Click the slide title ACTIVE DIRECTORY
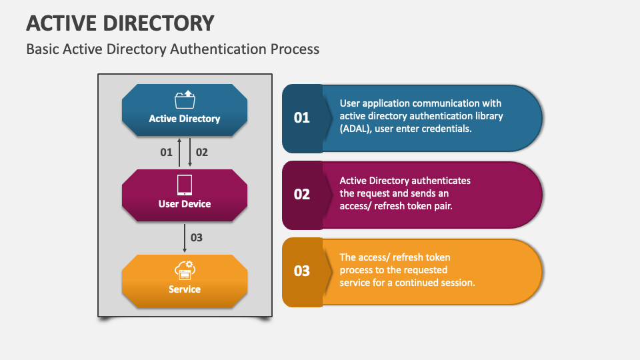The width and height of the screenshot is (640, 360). pyautogui.click(x=121, y=23)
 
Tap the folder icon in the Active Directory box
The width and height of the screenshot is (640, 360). pyautogui.click(x=185, y=99)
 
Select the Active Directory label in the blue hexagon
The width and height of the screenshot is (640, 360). pyautogui.click(x=185, y=119)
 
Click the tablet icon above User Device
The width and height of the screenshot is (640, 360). pyautogui.click(x=185, y=185)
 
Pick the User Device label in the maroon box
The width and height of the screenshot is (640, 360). pyautogui.click(x=185, y=204)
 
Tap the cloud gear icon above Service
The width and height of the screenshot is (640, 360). pyautogui.click(x=185, y=270)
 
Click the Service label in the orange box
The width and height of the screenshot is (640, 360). pyautogui.click(x=185, y=289)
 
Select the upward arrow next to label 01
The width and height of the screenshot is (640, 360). pyautogui.click(x=179, y=152)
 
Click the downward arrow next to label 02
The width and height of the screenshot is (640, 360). pyautogui.click(x=190, y=152)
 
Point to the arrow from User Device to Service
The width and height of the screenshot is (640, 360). pyautogui.click(x=185, y=238)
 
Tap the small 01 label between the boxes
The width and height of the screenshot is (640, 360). pyautogui.click(x=166, y=152)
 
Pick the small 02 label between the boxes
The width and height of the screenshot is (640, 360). pyautogui.click(x=202, y=152)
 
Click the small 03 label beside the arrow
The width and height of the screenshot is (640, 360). pyautogui.click(x=196, y=237)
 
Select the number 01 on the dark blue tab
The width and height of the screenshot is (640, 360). pyautogui.click(x=302, y=118)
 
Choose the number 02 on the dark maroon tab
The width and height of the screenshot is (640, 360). pyautogui.click(x=302, y=194)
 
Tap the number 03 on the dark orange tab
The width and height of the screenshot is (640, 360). pyautogui.click(x=302, y=271)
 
